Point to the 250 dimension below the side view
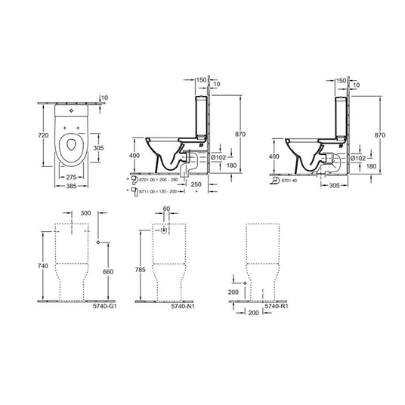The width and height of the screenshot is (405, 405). (x=196, y=184)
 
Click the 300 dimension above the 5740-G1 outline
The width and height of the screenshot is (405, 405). (x=74, y=215)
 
